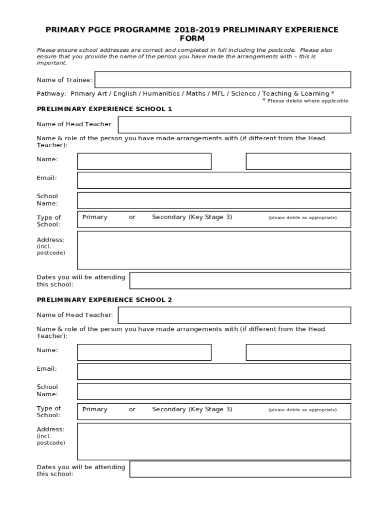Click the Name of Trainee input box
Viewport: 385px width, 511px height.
222,80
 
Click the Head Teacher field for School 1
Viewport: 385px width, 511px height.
234,125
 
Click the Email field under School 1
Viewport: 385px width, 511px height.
214,180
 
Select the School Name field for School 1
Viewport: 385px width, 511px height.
214,200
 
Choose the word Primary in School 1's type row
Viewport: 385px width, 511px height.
94,218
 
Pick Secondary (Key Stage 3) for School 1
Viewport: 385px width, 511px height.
192,218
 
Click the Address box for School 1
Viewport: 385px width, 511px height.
214,250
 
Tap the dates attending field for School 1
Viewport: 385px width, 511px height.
240,280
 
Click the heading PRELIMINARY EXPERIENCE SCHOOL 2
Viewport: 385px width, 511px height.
104,300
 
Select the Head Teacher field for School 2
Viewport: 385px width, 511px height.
234,315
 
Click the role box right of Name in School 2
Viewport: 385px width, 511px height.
298,352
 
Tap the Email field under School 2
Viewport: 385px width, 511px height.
214,371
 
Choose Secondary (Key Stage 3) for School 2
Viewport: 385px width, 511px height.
192,410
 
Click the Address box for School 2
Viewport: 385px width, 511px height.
214,442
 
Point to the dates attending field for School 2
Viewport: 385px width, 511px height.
240,469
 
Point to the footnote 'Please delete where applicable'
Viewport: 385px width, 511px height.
307,101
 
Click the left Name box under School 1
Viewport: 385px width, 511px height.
144,161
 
